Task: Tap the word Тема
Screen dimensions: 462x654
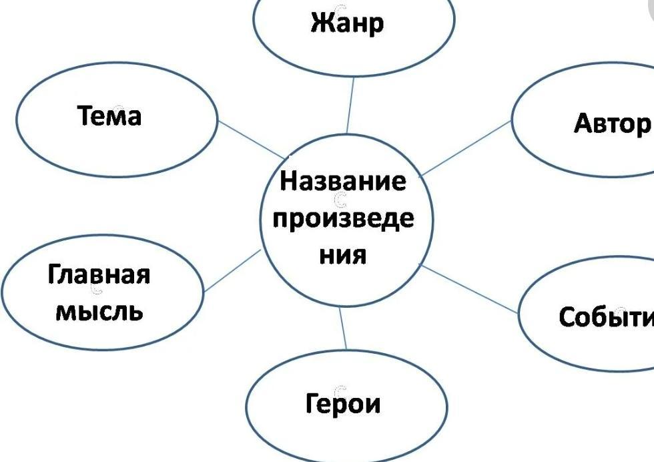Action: point(110,116)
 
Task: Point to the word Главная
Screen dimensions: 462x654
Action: point(99,274)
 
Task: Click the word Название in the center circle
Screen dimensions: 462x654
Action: point(342,181)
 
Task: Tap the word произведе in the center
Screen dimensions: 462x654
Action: point(343,220)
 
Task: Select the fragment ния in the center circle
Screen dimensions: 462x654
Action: point(343,255)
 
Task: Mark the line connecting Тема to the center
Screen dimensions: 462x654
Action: point(251,138)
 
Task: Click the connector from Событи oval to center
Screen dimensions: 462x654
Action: point(470,288)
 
